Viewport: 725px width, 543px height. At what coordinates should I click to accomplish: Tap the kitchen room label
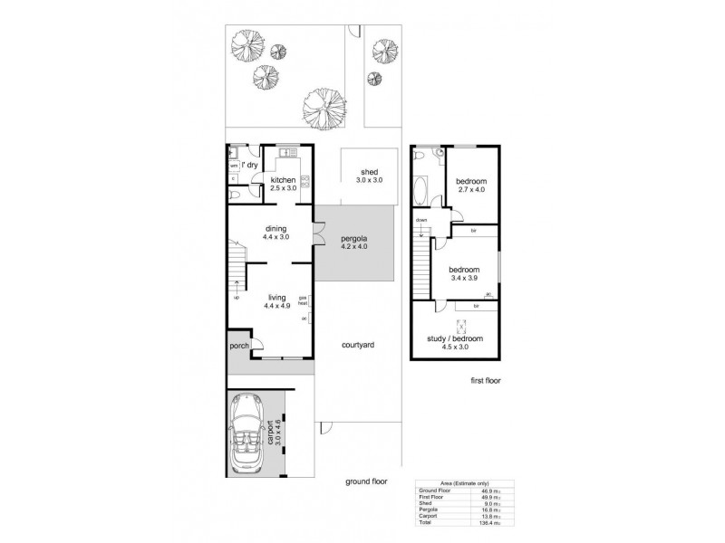(283, 180)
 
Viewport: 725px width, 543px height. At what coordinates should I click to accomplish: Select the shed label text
(369, 172)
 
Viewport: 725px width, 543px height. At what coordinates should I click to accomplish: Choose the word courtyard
(359, 346)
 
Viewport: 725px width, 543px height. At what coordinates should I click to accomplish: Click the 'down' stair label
(421, 221)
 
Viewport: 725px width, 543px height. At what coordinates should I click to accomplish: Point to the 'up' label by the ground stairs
(237, 297)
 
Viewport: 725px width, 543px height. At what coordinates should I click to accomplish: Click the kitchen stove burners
(305, 181)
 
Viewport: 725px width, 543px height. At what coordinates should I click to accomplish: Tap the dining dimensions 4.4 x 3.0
(275, 237)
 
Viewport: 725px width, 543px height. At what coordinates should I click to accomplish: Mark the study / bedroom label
(454, 338)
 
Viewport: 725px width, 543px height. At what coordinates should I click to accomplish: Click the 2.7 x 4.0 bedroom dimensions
(471, 189)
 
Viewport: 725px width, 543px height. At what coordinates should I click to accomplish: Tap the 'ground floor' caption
(365, 482)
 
